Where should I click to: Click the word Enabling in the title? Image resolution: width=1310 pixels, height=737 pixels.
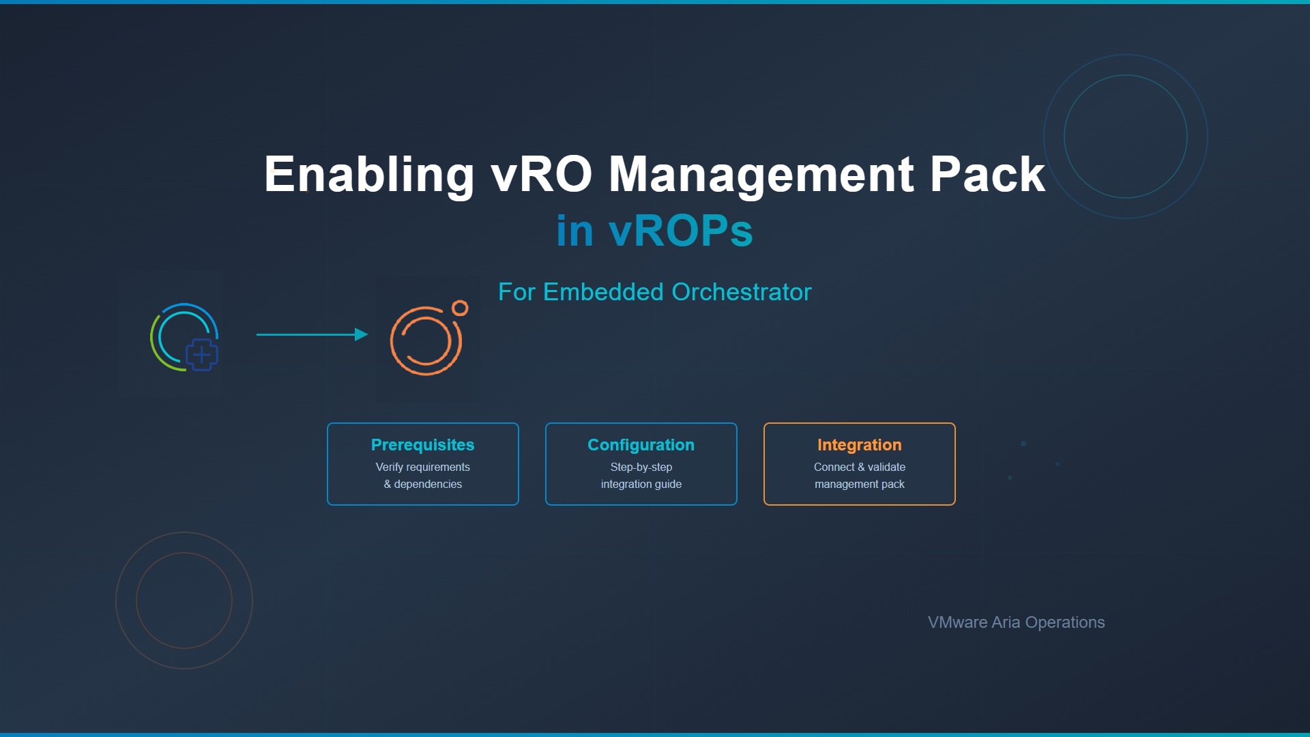tap(369, 175)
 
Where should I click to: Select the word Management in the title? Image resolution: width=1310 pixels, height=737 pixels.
tap(761, 175)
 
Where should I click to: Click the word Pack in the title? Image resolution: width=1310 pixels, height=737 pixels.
tap(987, 174)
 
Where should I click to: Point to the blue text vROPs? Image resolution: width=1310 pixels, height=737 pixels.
tap(680, 231)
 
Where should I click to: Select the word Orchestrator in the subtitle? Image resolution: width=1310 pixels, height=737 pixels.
tap(742, 292)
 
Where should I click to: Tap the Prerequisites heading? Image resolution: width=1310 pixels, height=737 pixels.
tap(422, 445)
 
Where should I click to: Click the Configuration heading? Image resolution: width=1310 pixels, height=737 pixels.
tap(641, 445)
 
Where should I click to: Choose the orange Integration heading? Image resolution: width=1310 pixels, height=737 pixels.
tap(859, 445)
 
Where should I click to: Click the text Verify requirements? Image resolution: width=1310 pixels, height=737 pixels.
tap(422, 467)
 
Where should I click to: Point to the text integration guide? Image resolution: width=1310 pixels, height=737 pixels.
tap(641, 484)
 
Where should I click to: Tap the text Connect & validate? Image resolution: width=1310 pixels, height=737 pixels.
tap(859, 467)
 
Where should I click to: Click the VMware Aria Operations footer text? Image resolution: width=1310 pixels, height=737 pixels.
tap(1016, 622)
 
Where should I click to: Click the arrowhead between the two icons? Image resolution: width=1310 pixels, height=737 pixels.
tap(362, 334)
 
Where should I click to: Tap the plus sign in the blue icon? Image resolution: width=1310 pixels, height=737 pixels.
tap(201, 355)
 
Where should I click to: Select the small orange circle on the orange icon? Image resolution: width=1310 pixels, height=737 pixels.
tap(460, 308)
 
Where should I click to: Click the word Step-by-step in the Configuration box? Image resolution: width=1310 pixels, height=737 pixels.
tap(641, 467)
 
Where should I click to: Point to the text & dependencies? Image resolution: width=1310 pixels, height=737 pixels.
tap(422, 484)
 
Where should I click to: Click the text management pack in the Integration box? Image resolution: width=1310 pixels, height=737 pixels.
tap(859, 484)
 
